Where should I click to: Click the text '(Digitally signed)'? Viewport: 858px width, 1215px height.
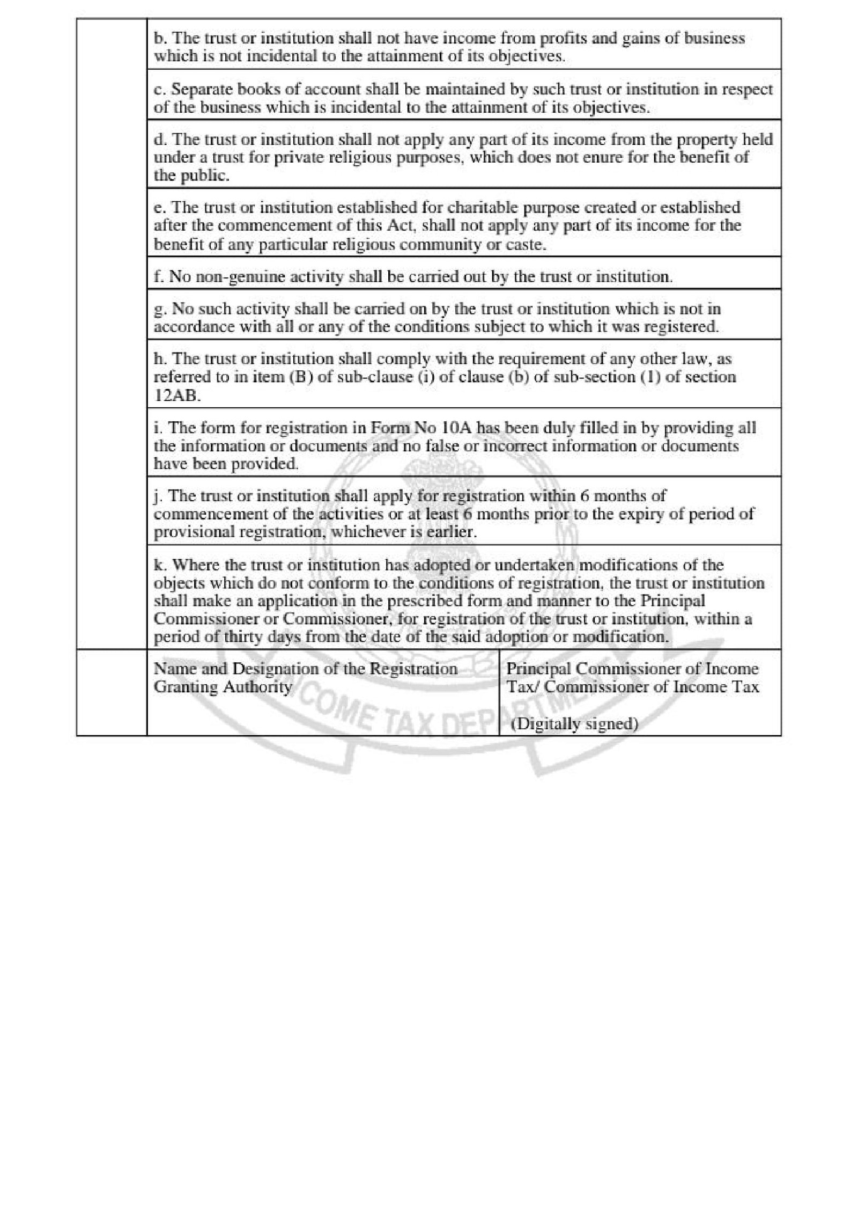pyautogui.click(x=574, y=724)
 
